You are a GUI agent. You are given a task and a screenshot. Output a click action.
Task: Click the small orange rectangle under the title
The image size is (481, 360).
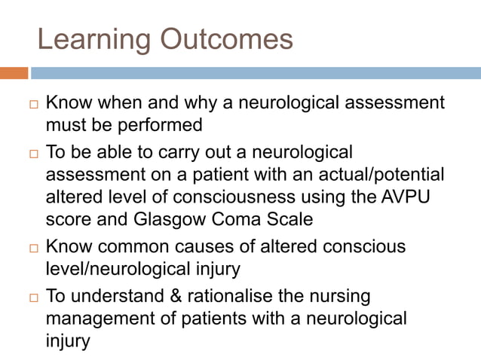click(14, 73)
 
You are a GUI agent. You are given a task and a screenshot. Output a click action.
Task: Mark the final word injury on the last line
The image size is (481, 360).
click(68, 340)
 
